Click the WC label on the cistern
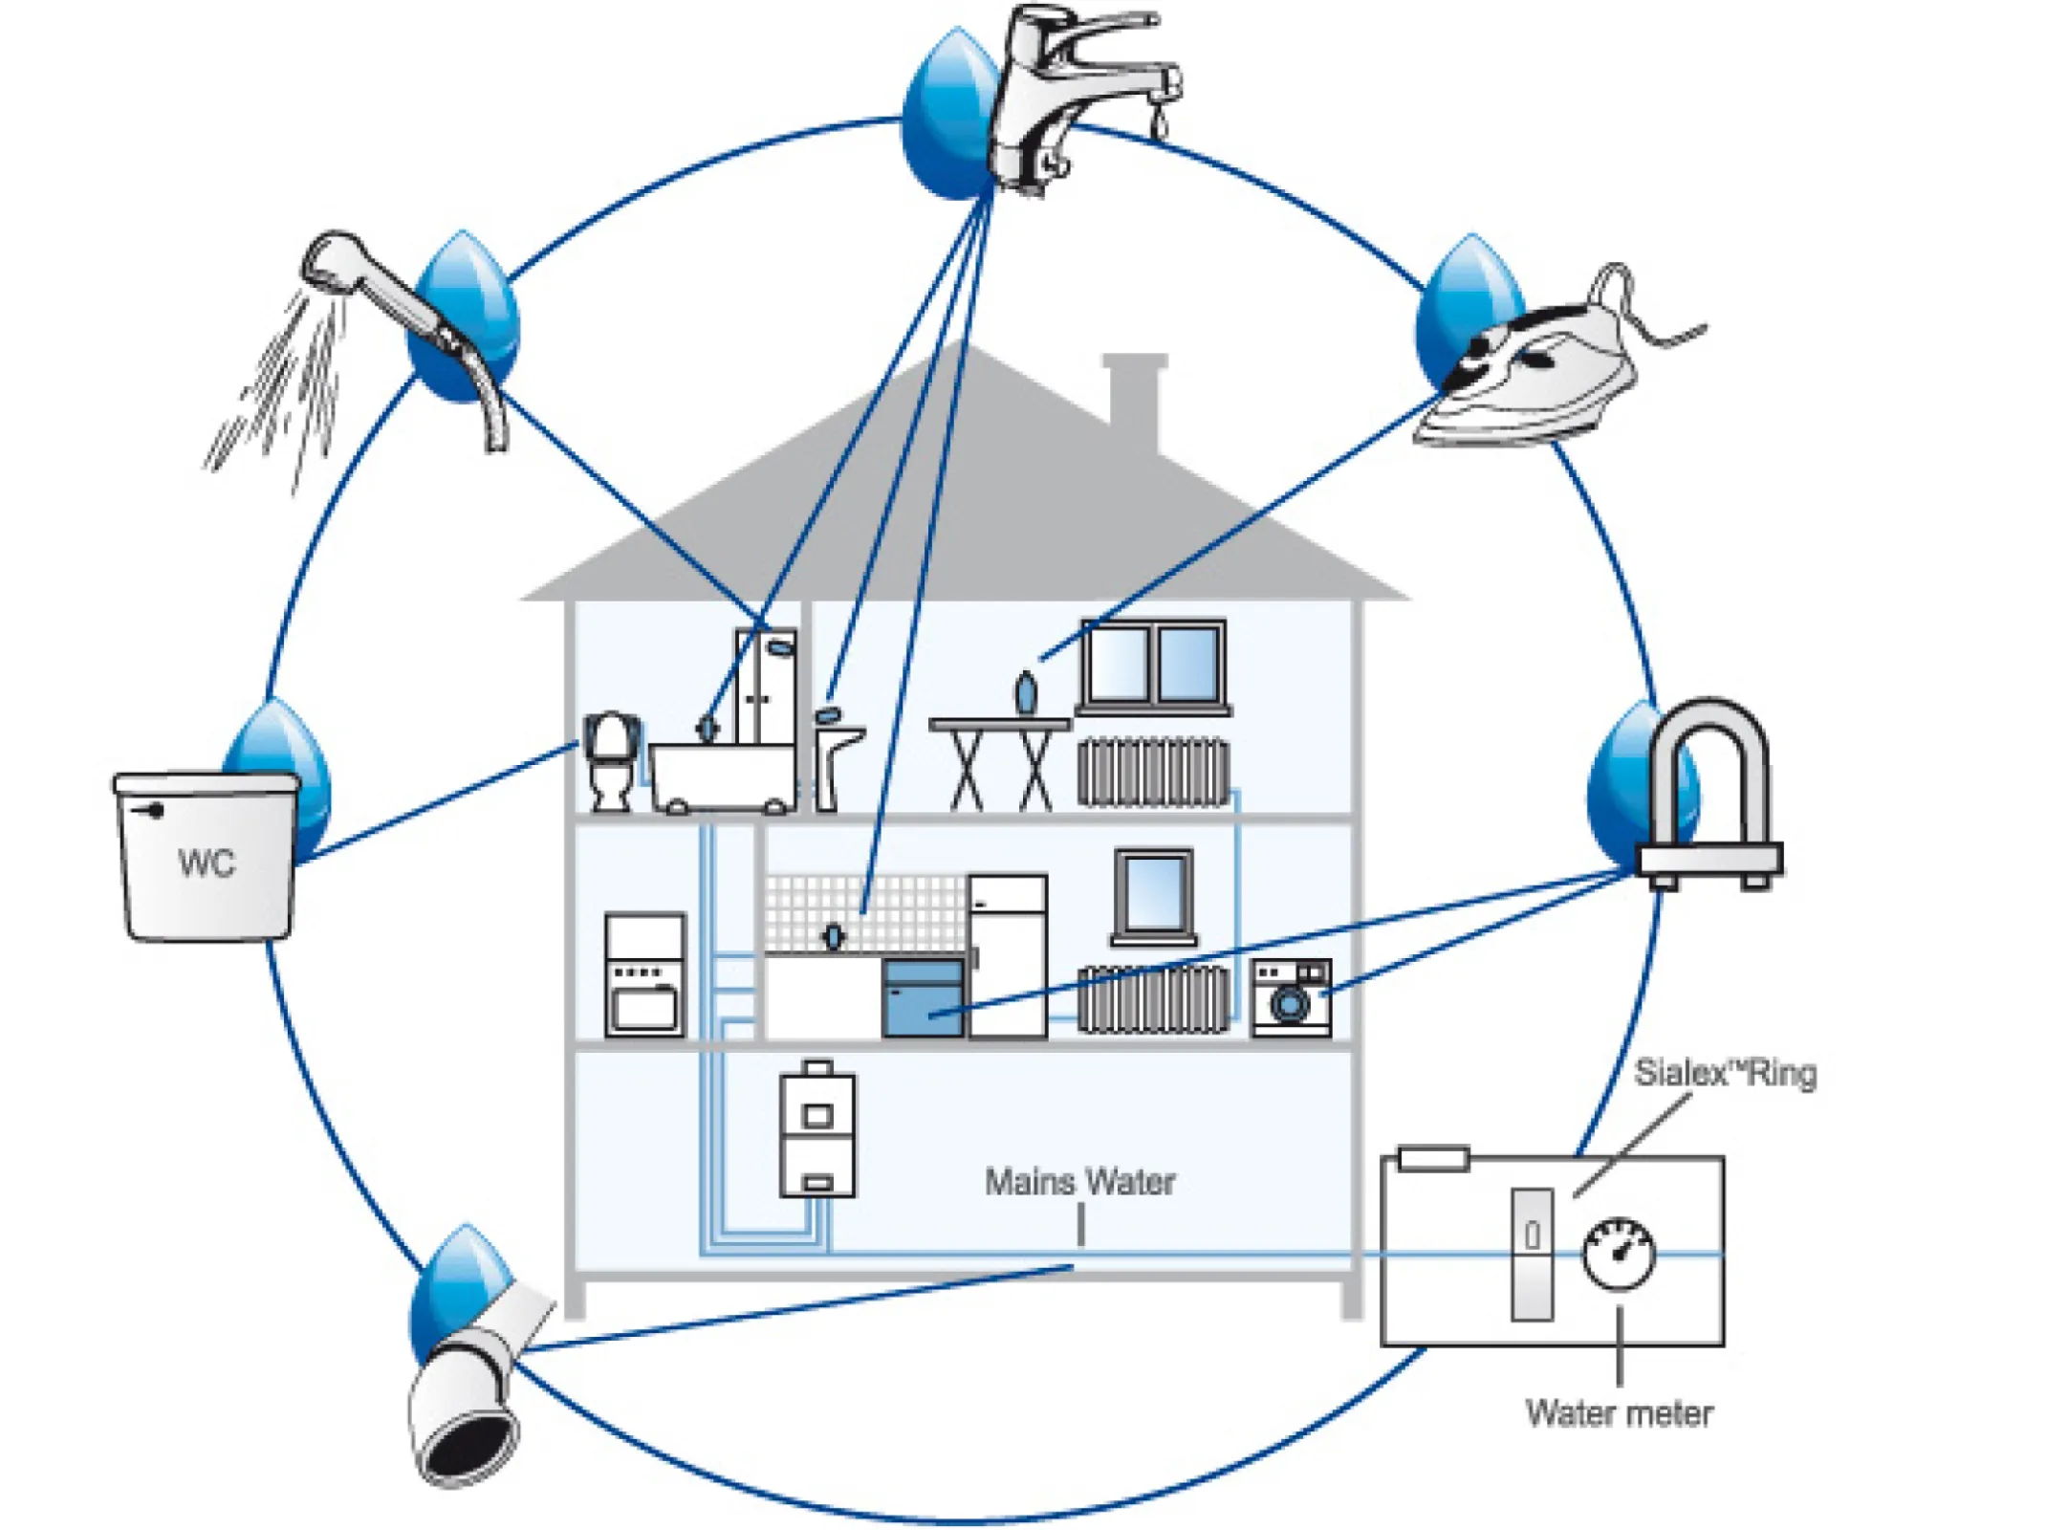pos(206,863)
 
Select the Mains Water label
pos(1079,1182)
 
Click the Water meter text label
pos(1618,1413)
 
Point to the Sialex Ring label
pos(1724,1073)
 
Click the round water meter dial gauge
pos(1618,1254)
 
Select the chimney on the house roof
pos(1135,402)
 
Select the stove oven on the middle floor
pos(645,975)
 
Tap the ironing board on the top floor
pos(999,760)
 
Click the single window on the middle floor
pos(1154,894)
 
